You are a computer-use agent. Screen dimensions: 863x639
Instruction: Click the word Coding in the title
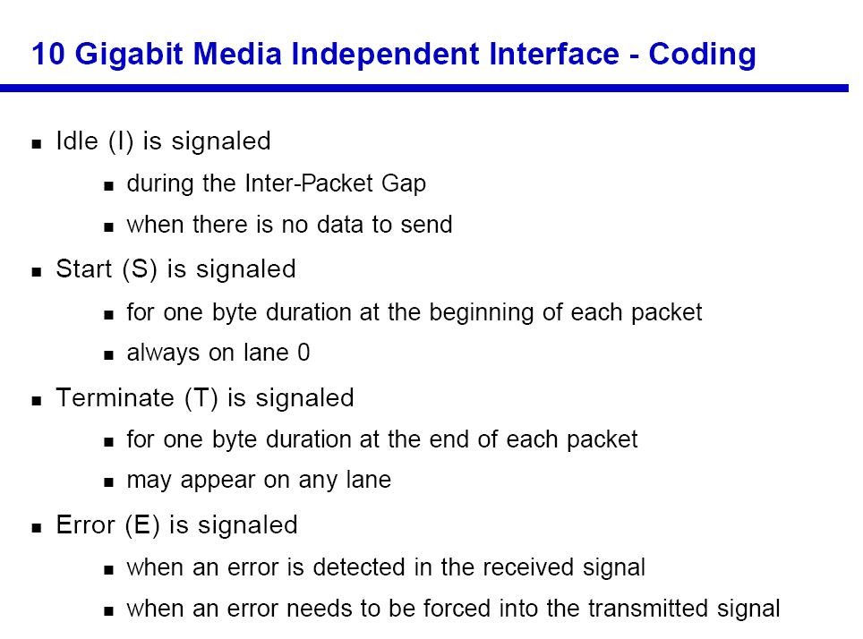point(702,55)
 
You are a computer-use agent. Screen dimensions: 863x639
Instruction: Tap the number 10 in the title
point(48,54)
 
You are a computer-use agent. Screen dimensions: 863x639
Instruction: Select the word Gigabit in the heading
point(129,55)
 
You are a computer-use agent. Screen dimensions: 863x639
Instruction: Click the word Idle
point(77,141)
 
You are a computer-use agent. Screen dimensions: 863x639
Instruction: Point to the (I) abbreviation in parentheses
point(121,142)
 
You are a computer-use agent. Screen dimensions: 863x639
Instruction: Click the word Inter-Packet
point(310,183)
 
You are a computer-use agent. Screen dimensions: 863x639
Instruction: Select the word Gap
point(404,184)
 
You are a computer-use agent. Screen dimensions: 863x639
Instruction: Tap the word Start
point(83,269)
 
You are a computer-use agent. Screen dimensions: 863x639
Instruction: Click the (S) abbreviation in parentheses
point(140,269)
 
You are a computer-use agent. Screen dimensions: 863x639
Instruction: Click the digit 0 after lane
point(303,353)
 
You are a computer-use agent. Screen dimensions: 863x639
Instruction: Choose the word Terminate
point(115,398)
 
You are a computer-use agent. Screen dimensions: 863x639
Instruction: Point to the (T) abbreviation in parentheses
point(201,398)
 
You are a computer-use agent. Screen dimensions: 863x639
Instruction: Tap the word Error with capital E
point(85,525)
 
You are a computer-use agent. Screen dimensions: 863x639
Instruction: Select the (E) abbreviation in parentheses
point(142,525)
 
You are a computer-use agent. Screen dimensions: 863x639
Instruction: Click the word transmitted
point(648,609)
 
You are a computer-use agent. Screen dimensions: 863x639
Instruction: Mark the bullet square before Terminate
point(37,401)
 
